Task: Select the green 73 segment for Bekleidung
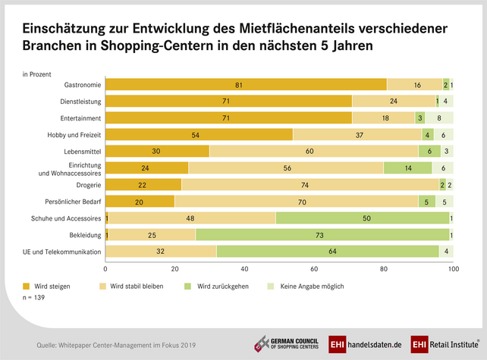click(x=322, y=235)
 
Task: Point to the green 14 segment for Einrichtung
click(x=407, y=168)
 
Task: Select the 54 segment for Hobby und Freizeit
click(x=199, y=134)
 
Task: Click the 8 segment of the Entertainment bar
click(x=439, y=117)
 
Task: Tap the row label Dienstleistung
click(x=80, y=101)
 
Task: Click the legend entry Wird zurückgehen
click(x=218, y=286)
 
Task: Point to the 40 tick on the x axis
click(x=245, y=269)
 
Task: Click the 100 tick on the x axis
click(x=453, y=269)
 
